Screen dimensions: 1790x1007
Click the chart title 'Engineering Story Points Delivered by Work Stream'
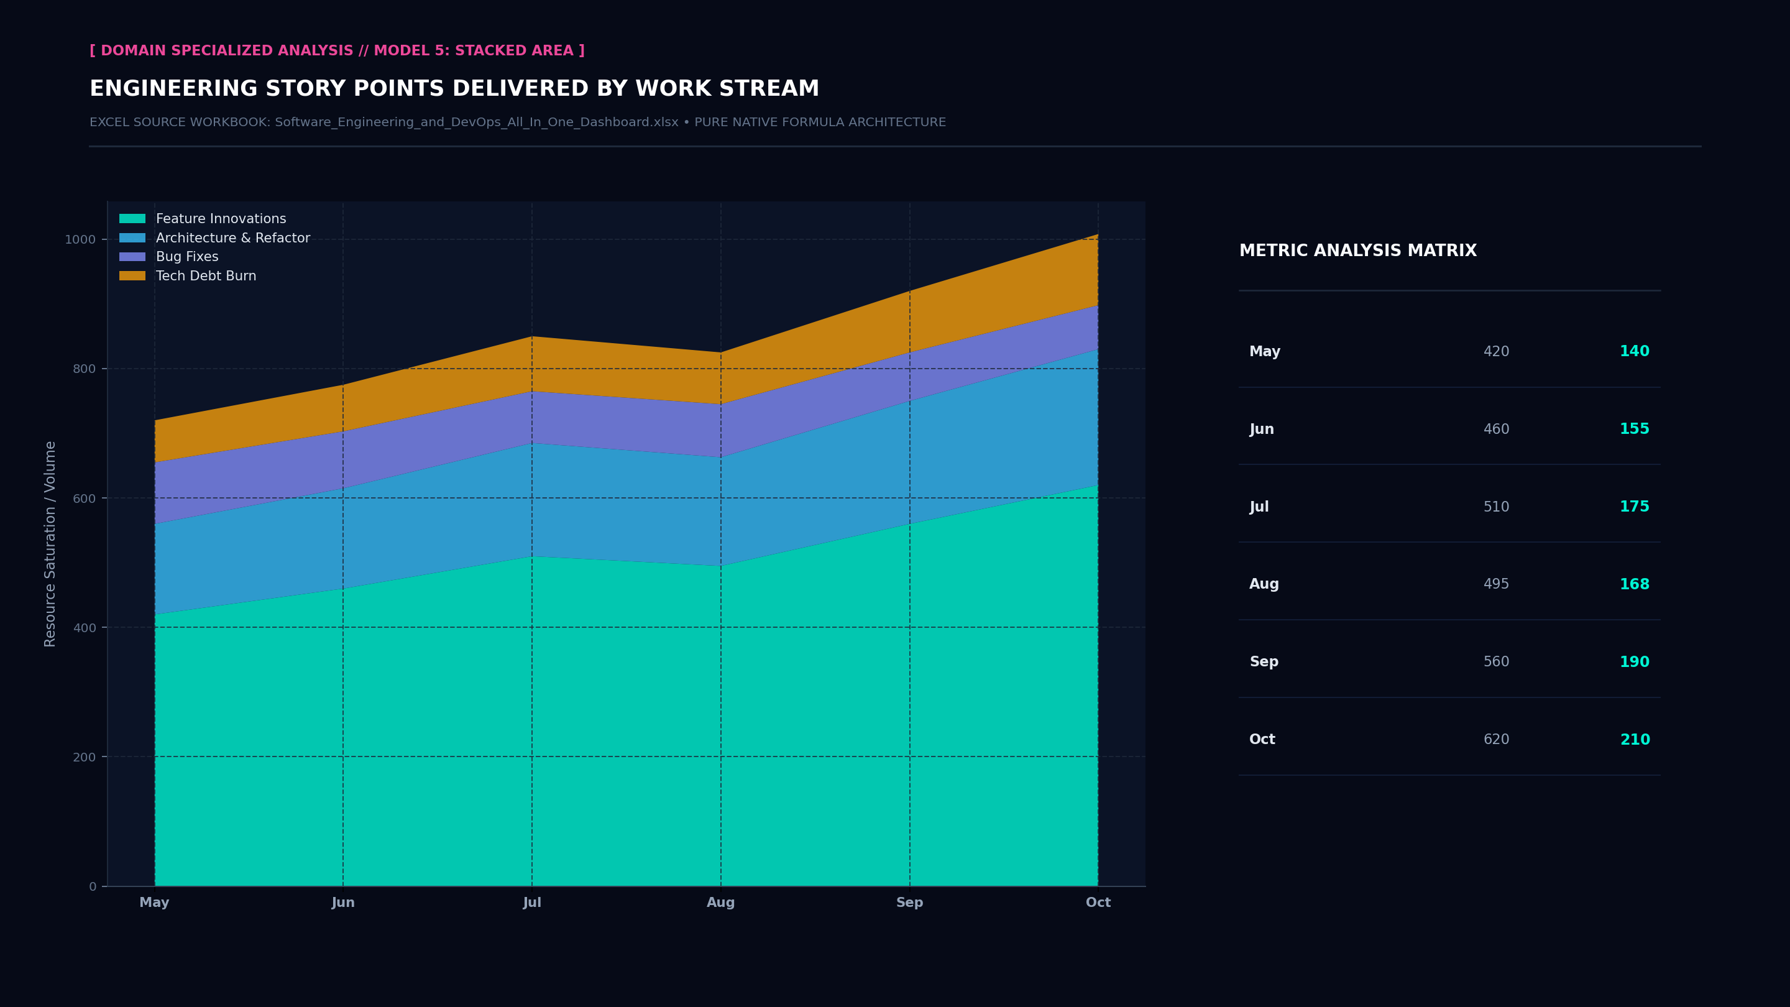coord(454,88)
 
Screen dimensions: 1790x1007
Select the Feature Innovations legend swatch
coord(132,219)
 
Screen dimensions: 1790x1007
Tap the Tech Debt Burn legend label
coord(206,276)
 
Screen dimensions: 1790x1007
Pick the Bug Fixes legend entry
coord(169,257)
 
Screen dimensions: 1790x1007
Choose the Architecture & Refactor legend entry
coord(214,237)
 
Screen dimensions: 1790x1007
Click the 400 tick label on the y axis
coord(84,628)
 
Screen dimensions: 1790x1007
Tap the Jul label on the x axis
coord(532,902)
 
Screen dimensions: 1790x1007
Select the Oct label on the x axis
coord(1098,902)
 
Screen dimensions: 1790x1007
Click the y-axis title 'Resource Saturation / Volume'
coord(50,543)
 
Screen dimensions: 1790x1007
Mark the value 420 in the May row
coord(1496,352)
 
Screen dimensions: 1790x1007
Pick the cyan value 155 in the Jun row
coord(1635,429)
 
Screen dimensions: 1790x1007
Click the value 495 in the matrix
coord(1496,584)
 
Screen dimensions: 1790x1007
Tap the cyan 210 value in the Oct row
coord(1635,740)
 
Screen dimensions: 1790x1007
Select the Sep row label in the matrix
coord(1264,661)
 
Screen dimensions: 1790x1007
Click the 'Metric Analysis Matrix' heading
coord(1358,251)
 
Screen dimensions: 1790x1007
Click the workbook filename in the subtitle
coord(477,122)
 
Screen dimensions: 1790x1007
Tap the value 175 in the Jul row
coord(1635,507)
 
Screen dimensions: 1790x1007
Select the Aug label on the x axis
coord(720,902)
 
